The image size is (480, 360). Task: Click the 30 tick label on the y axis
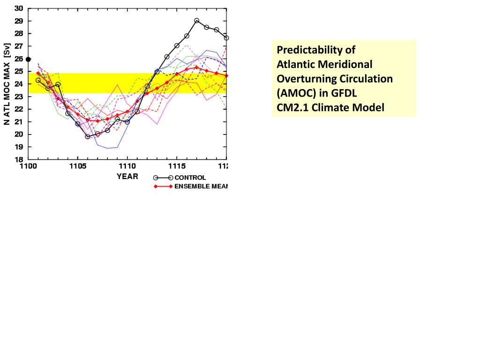(x=19, y=8)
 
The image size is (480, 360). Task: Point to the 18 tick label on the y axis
(x=19, y=159)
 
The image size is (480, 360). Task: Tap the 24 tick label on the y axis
(x=19, y=84)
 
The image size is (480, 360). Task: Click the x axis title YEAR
(x=127, y=177)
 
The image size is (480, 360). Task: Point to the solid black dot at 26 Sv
(x=28, y=59)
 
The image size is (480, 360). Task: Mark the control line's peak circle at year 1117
(x=196, y=21)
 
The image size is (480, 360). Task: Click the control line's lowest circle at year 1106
(x=88, y=137)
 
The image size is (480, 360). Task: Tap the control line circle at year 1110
(x=127, y=122)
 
